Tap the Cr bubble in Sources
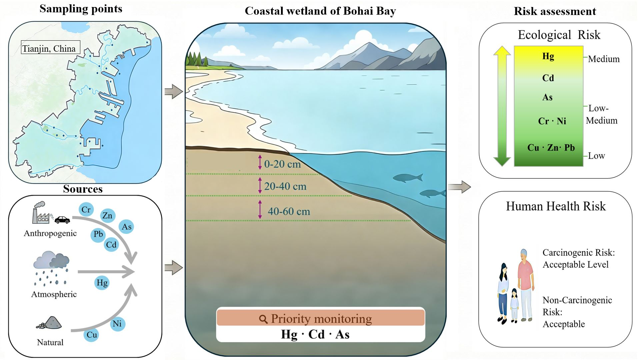86,210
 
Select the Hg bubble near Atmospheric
102,283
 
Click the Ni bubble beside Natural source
117,324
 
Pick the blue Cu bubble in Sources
92,335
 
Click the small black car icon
62,220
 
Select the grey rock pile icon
49,323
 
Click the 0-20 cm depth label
282,164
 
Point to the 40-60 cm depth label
289,211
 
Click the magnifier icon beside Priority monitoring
263,319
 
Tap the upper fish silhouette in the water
408,178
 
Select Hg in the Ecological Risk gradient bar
548,56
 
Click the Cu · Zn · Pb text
551,148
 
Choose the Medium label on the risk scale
604,59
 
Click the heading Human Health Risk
556,206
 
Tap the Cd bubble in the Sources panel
111,245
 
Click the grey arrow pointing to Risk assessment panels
459,187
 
